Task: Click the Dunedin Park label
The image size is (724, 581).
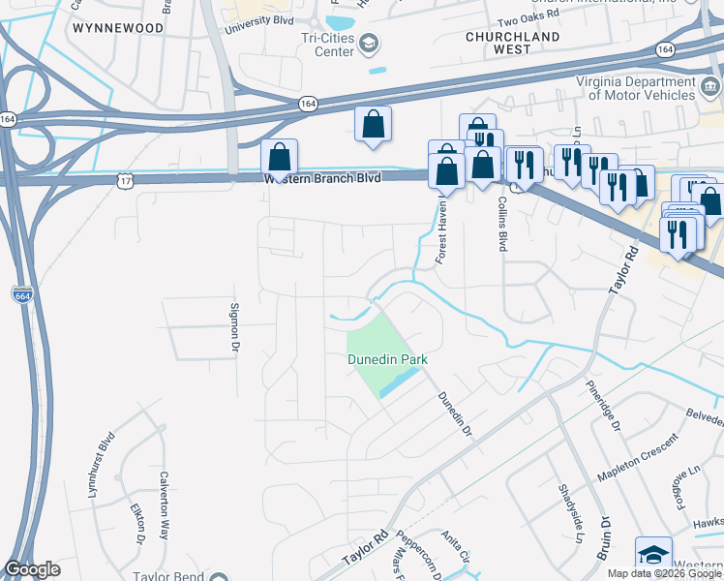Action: coord(388,360)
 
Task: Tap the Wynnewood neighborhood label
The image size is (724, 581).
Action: coord(117,28)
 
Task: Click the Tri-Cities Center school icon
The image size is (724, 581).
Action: coord(370,43)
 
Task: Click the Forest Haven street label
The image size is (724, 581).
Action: coord(441,232)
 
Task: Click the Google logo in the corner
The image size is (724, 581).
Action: coord(32,569)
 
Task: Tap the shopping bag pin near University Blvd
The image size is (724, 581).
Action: coord(373,126)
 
